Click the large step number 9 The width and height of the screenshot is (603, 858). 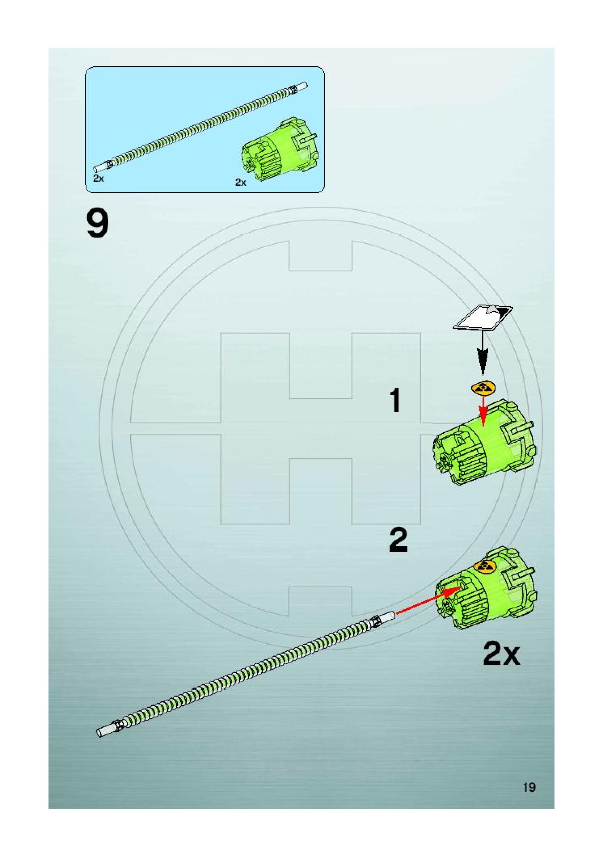point(98,225)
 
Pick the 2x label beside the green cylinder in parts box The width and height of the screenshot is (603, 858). point(240,183)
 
